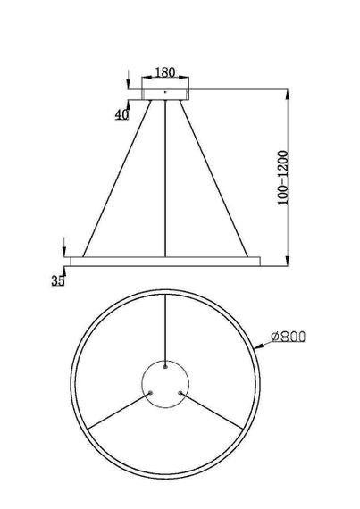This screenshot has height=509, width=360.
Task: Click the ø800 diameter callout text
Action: (289, 337)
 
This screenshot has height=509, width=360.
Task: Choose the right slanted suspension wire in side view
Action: (213, 179)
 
